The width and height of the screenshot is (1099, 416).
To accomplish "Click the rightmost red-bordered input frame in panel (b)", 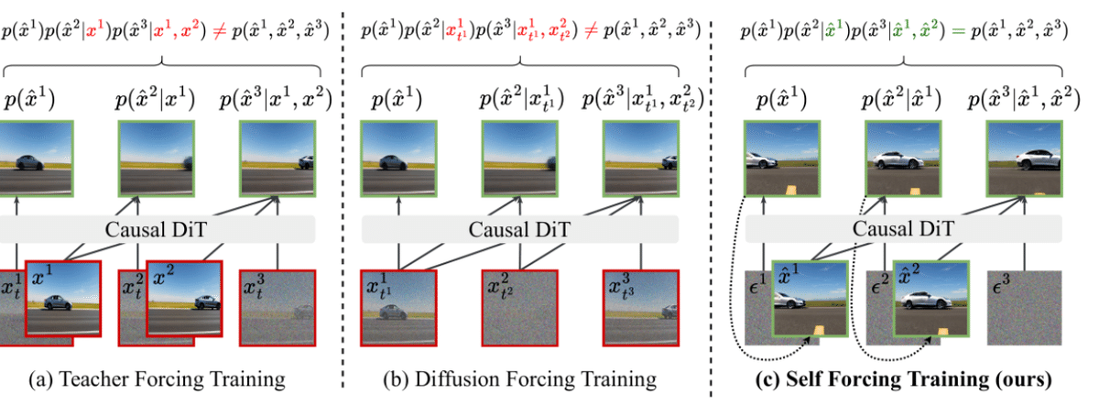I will pyautogui.click(x=640, y=307).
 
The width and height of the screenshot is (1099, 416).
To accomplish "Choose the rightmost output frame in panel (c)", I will pyautogui.click(x=1024, y=158).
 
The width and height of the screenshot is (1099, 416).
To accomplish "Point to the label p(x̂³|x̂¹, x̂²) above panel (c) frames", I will pyautogui.click(x=1024, y=99).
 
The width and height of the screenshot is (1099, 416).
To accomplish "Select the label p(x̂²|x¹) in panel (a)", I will pyautogui.click(x=156, y=99).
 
